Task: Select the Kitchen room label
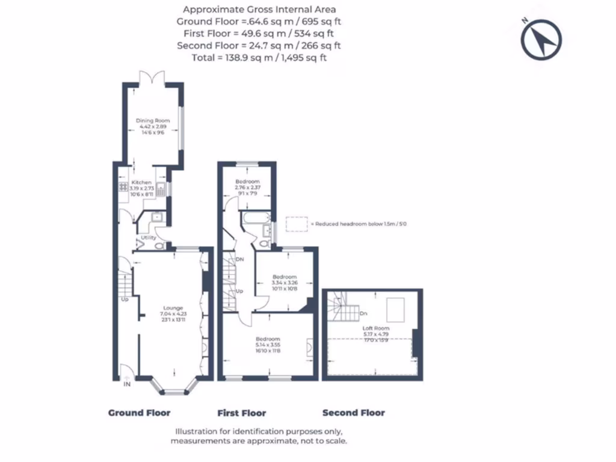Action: pos(142,182)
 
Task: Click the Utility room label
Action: pos(148,238)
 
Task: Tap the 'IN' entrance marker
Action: pos(127,383)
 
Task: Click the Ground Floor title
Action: pos(139,413)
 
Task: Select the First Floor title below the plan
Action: pos(241,413)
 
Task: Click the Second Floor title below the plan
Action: pos(354,413)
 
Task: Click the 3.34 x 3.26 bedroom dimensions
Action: pos(284,283)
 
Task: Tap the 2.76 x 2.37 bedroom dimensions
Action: pos(247,187)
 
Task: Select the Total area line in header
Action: pos(259,58)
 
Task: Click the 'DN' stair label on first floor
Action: pos(239,260)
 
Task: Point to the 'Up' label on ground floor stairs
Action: pos(125,299)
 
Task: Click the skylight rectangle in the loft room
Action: pos(395,309)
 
